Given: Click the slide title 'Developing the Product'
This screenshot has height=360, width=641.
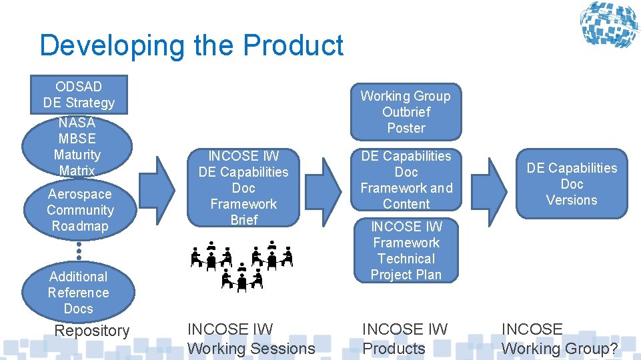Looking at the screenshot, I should coord(191,45).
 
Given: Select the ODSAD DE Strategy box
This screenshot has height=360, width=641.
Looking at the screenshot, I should coord(79,95).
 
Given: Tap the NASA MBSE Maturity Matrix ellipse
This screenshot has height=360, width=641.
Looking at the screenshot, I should coord(77,147).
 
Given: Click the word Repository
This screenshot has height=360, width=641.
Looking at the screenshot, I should coord(91,331).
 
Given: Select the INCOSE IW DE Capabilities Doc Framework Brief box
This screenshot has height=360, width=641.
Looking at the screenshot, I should coord(243,188).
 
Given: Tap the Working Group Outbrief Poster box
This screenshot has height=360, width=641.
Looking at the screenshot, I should coord(406,112).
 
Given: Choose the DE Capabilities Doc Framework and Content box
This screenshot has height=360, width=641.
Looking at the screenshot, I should coord(406,180).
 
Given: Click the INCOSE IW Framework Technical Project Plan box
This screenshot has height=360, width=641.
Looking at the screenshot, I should coord(406,251).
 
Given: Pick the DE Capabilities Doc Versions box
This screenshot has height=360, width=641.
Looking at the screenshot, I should coord(572,184).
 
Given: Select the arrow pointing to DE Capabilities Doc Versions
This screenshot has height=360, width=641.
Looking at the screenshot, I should coord(497,189).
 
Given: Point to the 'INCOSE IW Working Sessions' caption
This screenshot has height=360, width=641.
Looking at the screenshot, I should coord(251,339).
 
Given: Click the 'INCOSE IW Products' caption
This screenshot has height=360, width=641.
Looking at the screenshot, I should coord(404,339).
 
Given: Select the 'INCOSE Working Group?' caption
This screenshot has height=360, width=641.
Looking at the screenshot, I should coord(559,339).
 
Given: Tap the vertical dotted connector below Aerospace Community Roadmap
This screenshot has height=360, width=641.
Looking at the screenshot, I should coord(79,251).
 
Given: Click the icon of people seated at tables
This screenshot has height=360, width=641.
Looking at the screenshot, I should coord(241,267).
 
